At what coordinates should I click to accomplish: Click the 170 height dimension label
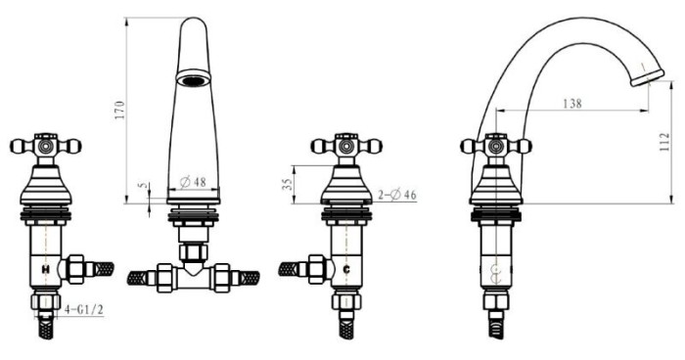(x=120, y=111)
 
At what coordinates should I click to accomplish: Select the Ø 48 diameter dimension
(x=193, y=181)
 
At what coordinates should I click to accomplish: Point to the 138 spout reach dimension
(x=572, y=104)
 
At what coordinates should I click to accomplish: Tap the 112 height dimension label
(x=664, y=143)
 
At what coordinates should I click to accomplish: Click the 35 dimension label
(x=286, y=184)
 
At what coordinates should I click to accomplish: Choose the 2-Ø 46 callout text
(x=397, y=195)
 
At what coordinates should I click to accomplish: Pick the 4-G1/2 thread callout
(x=84, y=310)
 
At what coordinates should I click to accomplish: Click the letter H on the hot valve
(x=45, y=270)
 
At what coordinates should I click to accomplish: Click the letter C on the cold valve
(x=346, y=270)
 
